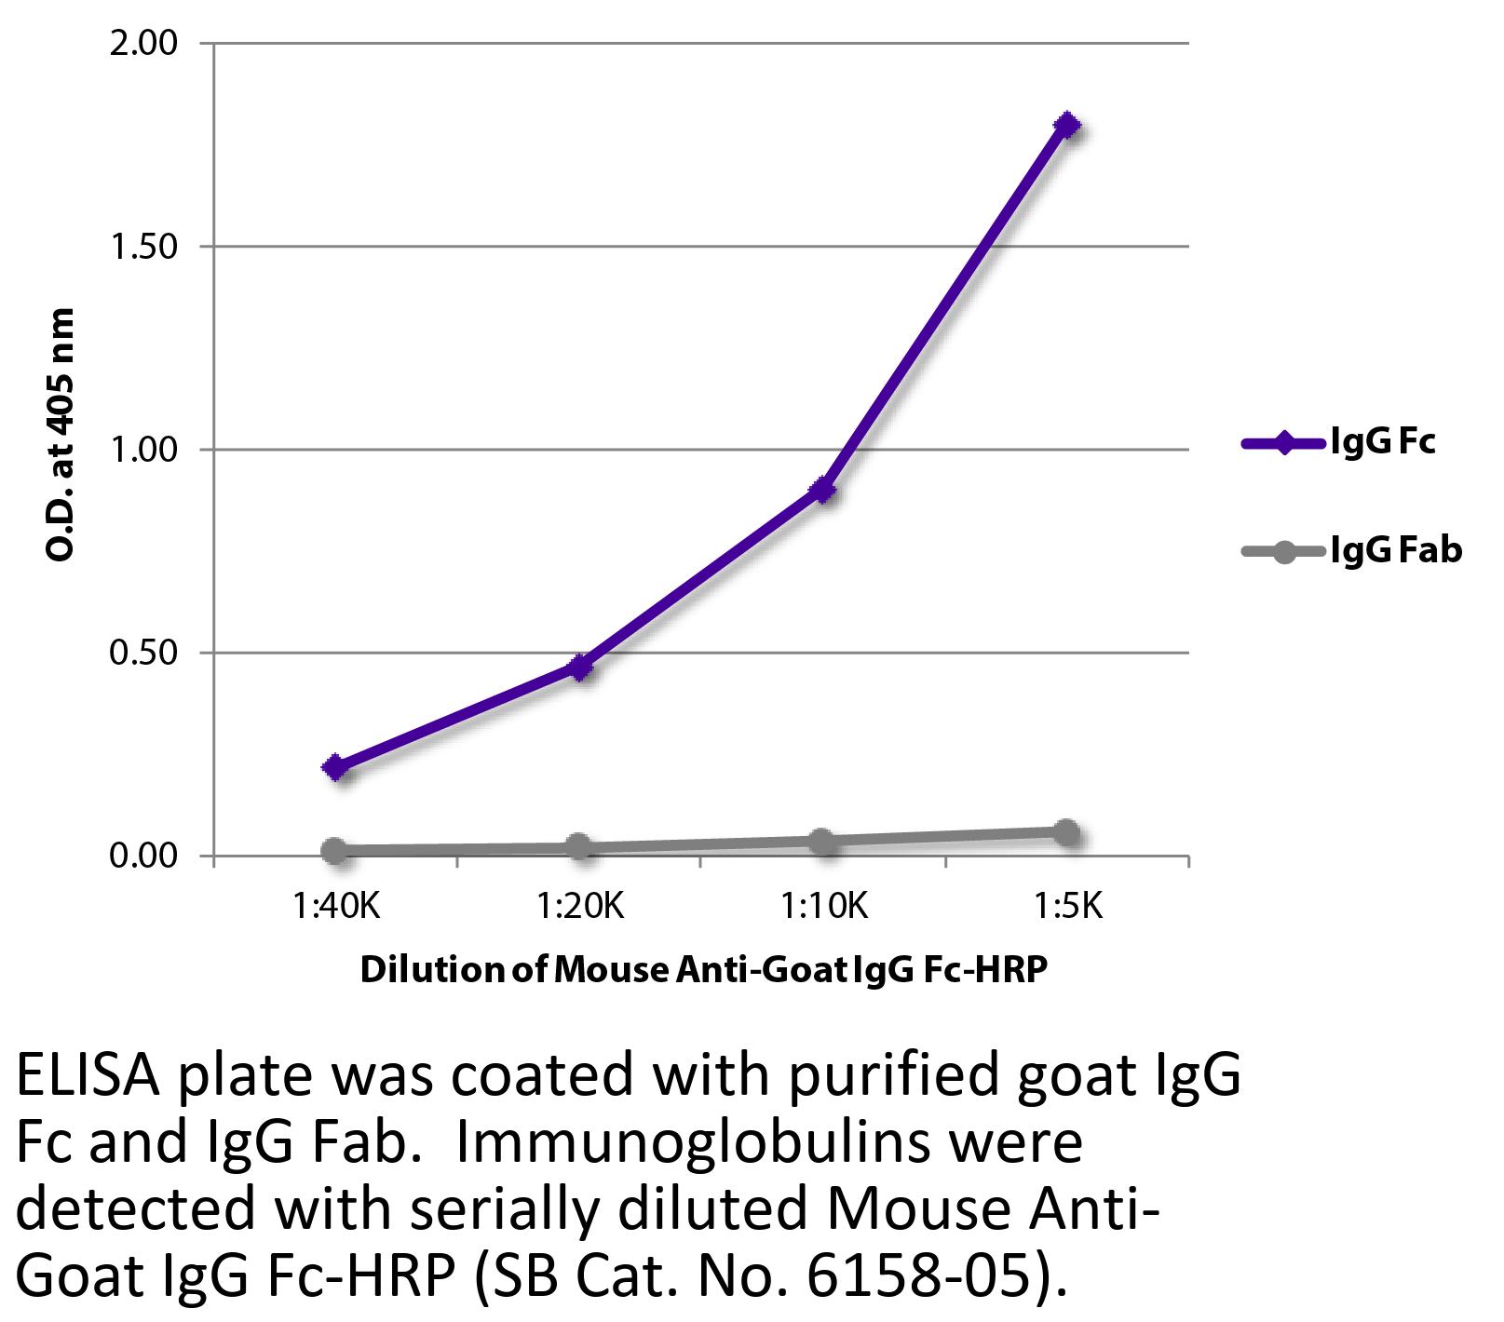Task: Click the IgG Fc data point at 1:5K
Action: (x=1067, y=125)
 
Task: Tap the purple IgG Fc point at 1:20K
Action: (x=579, y=667)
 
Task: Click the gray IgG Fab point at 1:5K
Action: (x=1067, y=831)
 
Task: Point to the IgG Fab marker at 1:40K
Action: (x=335, y=850)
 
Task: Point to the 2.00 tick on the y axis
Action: (x=143, y=44)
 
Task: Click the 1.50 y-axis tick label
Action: (x=143, y=247)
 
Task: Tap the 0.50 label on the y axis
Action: (x=143, y=653)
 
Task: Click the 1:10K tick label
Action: (x=824, y=905)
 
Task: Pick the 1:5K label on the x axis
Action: (x=1067, y=905)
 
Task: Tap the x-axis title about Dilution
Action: (x=703, y=969)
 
